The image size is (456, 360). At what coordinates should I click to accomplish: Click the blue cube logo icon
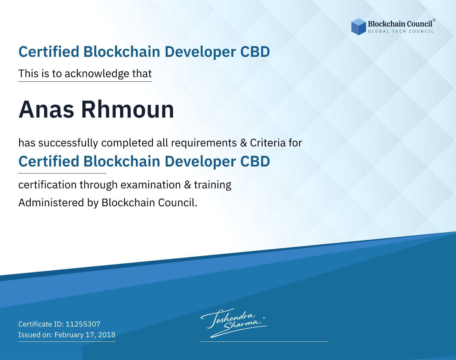click(x=358, y=27)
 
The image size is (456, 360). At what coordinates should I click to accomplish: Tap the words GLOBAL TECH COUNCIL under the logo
click(x=401, y=31)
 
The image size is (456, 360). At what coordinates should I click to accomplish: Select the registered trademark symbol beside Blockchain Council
click(x=434, y=20)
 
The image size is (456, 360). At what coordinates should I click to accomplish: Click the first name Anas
click(x=46, y=110)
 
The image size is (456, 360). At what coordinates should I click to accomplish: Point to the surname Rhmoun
click(x=128, y=110)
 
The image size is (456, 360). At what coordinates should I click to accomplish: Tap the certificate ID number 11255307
click(x=83, y=324)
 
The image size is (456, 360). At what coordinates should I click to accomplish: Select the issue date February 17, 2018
click(x=85, y=334)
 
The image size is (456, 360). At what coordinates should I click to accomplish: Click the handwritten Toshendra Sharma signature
click(x=234, y=323)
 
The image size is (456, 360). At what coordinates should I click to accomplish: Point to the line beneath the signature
click(x=264, y=341)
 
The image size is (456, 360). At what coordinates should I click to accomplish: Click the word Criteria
click(x=268, y=143)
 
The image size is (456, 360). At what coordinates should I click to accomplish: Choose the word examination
click(x=151, y=185)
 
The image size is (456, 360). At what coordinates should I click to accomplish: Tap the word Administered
click(x=51, y=203)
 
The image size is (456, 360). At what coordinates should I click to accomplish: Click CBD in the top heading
click(x=255, y=52)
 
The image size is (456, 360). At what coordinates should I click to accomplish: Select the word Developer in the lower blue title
click(x=200, y=162)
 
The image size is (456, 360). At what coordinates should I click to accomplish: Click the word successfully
click(x=68, y=143)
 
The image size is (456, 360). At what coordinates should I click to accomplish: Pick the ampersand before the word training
click(x=188, y=185)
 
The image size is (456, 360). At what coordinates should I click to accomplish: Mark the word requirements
click(x=204, y=143)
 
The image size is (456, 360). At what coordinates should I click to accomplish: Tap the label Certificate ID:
click(x=41, y=324)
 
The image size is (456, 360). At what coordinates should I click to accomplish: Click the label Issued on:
click(x=35, y=334)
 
